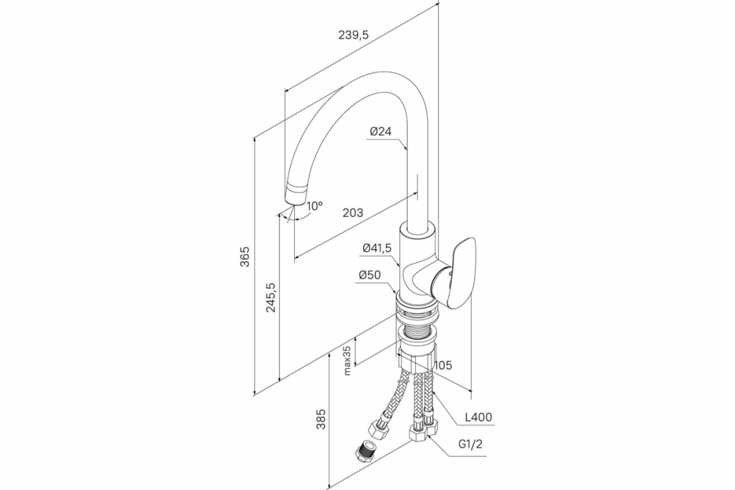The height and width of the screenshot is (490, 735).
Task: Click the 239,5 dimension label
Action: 354,35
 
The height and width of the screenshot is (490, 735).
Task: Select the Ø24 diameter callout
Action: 380,131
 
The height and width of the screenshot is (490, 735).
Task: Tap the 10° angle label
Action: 315,206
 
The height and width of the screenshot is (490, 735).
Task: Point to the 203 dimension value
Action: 353,213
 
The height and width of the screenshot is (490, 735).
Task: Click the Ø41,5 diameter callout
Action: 377,248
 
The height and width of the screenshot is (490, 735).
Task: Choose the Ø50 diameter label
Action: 370,275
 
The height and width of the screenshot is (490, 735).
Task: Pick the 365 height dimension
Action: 245,256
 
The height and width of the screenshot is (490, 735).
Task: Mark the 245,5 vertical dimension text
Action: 270,298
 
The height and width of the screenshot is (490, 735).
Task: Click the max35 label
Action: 347,361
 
